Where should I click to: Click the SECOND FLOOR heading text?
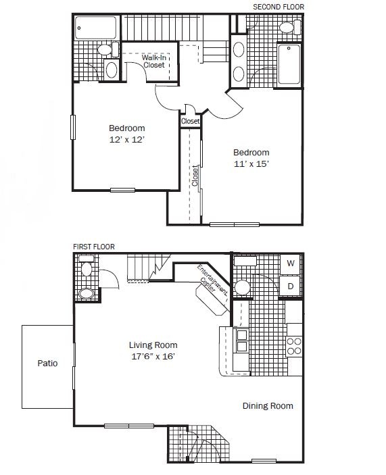278,7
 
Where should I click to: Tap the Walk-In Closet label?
154,61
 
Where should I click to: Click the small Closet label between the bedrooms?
191,121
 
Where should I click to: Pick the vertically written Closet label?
195,176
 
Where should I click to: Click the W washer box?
290,263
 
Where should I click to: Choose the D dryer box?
290,286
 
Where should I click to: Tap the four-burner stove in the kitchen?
294,346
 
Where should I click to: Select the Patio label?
47,364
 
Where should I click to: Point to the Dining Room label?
268,406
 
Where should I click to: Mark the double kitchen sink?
241,341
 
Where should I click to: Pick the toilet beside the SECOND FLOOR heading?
287,27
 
